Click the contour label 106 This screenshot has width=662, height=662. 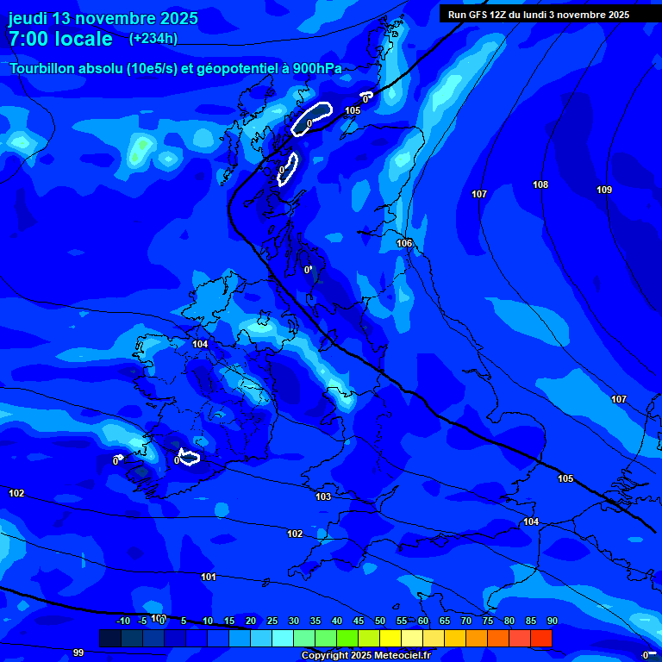click(x=404, y=243)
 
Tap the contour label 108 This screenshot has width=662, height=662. click(x=540, y=184)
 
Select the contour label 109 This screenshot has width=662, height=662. click(x=604, y=190)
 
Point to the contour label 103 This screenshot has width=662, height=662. click(x=323, y=496)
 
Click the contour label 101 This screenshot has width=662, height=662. click(x=208, y=576)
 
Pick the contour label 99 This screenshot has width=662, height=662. click(x=78, y=653)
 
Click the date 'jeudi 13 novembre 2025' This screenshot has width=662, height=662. click(x=103, y=18)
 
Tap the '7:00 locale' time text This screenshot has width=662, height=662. click(x=59, y=39)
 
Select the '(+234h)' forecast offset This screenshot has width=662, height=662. click(x=153, y=38)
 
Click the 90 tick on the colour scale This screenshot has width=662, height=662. click(x=552, y=621)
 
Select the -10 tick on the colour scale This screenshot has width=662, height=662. click(x=123, y=621)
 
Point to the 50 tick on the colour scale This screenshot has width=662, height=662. click(x=379, y=621)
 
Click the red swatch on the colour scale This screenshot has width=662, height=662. click(x=540, y=638)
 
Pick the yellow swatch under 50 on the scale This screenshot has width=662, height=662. click(x=390, y=638)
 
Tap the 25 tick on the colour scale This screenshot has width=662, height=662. click(x=272, y=621)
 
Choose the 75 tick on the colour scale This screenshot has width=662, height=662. click(x=487, y=621)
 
